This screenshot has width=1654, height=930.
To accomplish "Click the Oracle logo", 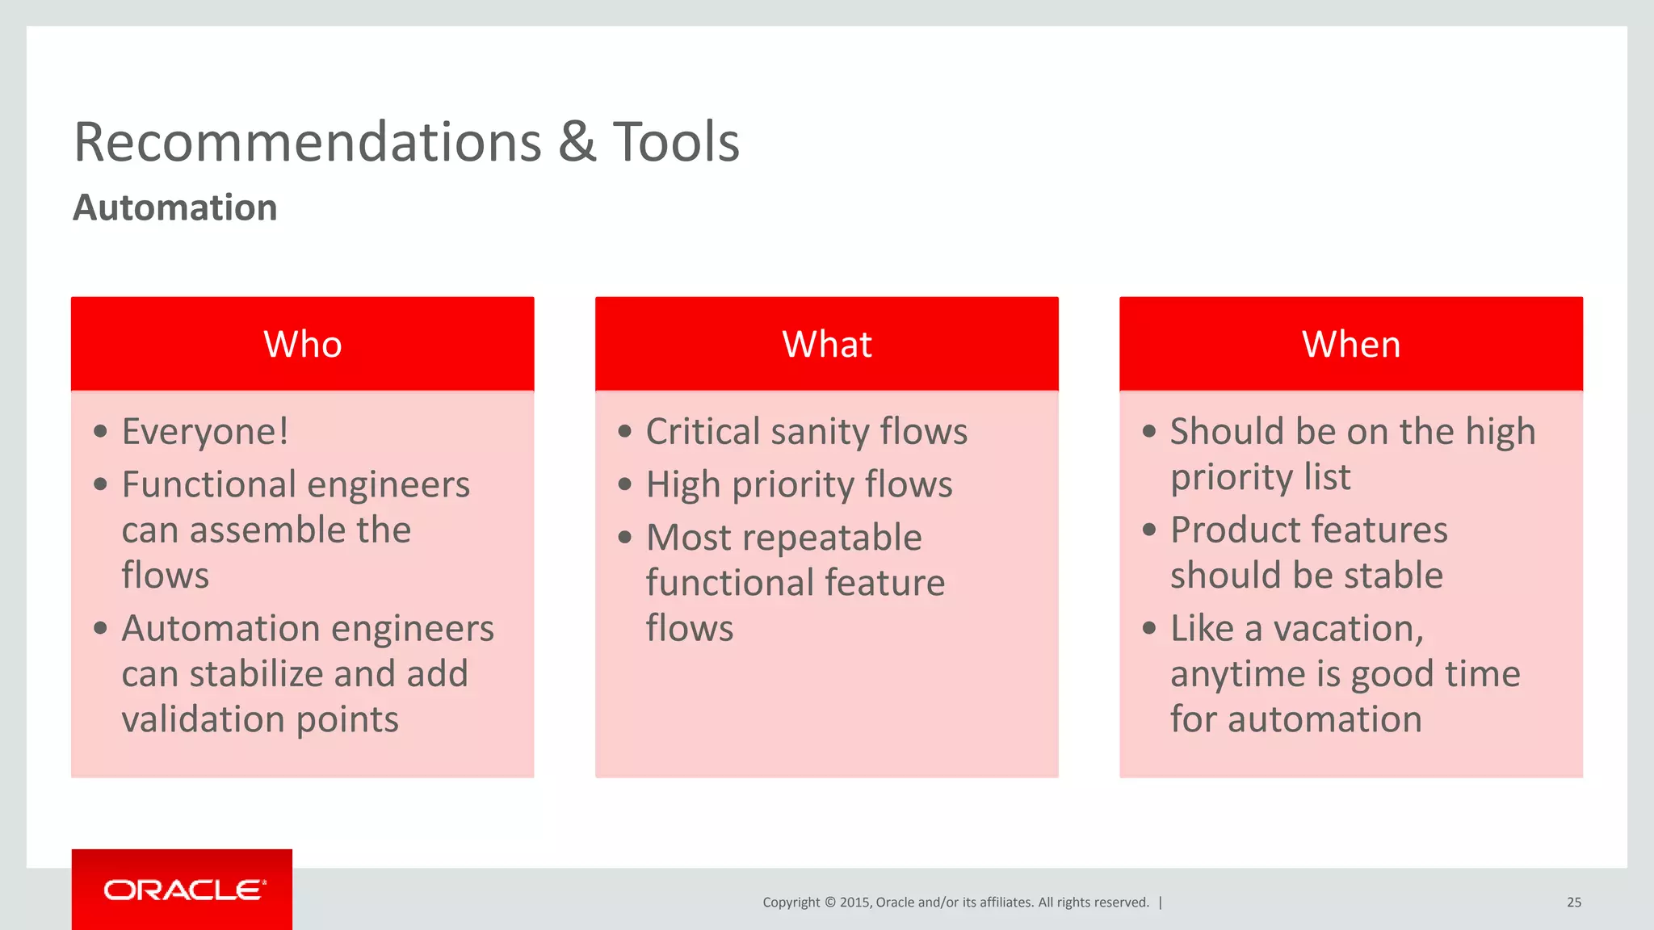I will pos(183,890).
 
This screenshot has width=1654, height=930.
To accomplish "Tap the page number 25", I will pos(1573,903).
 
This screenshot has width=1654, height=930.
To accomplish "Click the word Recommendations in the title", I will pos(308,142).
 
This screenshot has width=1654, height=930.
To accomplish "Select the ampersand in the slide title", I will pos(577,142).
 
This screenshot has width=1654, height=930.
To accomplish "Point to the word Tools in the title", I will pos(676,142).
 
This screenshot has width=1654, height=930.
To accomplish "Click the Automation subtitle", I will pos(175,207).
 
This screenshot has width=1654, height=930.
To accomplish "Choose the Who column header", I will pos(303,345).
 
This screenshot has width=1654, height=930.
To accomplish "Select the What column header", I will pos(826,345).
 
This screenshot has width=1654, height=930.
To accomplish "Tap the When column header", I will pos(1350,345).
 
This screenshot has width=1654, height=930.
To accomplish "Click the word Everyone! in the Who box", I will pos(205,431).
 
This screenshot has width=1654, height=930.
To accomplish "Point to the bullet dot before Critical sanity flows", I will pos(624,432).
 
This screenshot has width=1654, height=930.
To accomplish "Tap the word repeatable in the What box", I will pos(831,538).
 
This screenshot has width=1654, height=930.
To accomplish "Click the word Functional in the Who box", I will pos(208,484).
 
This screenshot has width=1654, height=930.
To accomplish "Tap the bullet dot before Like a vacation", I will pos(1149,628).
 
